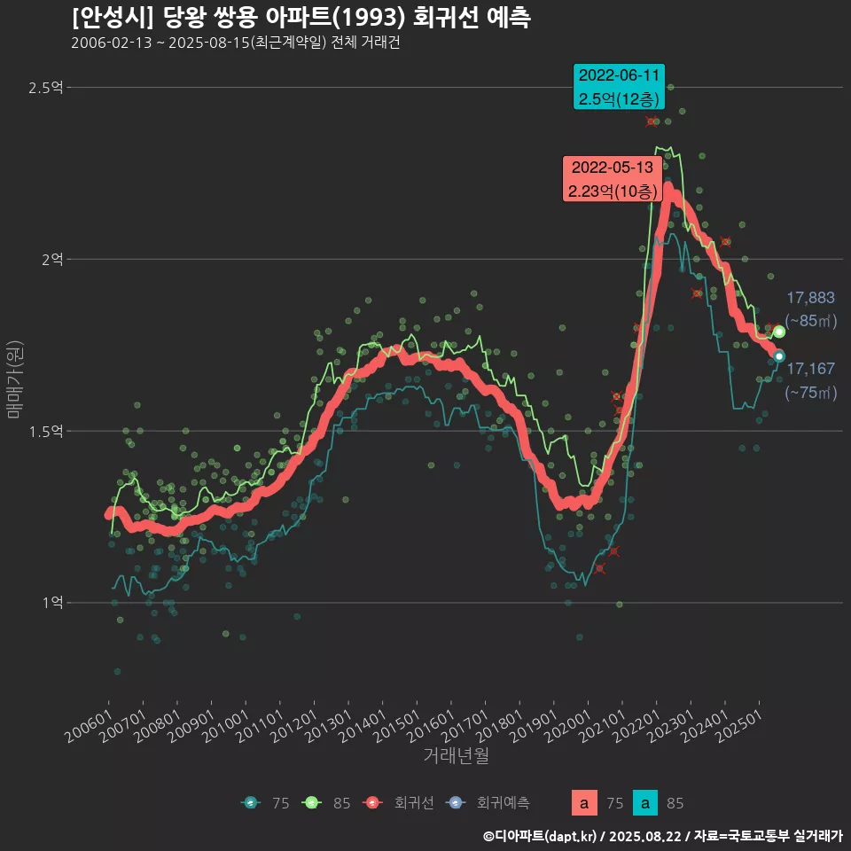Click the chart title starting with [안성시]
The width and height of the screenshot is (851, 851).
pyautogui.click(x=301, y=18)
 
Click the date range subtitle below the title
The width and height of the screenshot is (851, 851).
pyautogui.click(x=236, y=43)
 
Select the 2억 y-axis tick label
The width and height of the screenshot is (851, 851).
pyautogui.click(x=51, y=259)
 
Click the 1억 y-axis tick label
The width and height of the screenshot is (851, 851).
pyautogui.click(x=51, y=603)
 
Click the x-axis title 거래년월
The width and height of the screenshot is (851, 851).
pyautogui.click(x=456, y=756)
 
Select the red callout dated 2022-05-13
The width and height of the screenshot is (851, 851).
pyautogui.click(x=613, y=178)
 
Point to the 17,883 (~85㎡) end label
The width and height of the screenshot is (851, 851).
pyautogui.click(x=810, y=308)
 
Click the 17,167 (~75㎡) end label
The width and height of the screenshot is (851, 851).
pyautogui.click(x=810, y=379)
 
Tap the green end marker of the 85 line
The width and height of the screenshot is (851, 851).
pyautogui.click(x=779, y=332)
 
